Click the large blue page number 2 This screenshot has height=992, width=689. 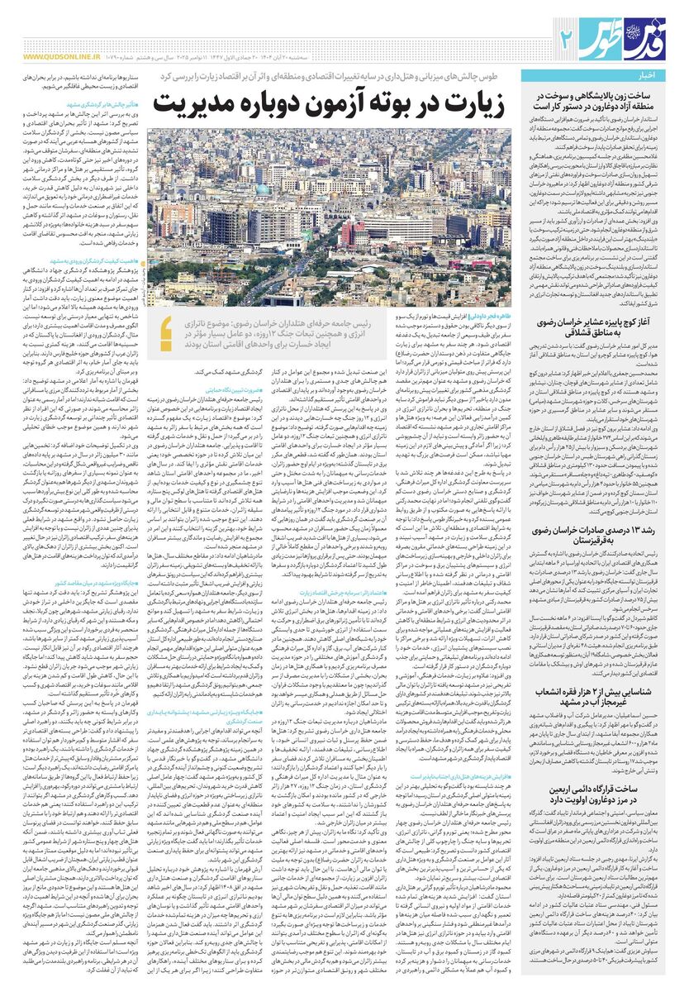click(x=566, y=36)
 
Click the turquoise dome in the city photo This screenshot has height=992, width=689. click(x=264, y=189)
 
